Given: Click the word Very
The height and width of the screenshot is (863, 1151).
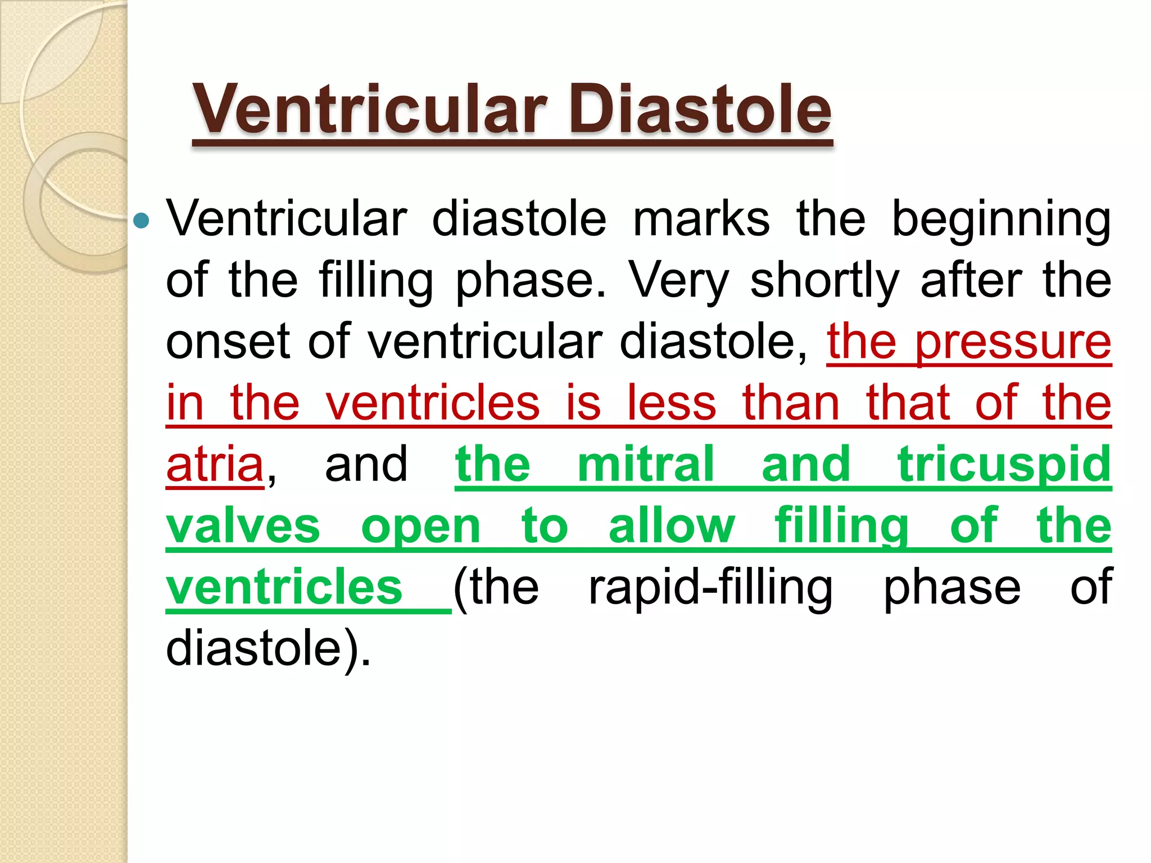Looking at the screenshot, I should pos(679,281).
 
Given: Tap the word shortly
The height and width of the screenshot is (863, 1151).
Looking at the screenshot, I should pos(824,281).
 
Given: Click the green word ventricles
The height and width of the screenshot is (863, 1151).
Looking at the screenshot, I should pos(284,587).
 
